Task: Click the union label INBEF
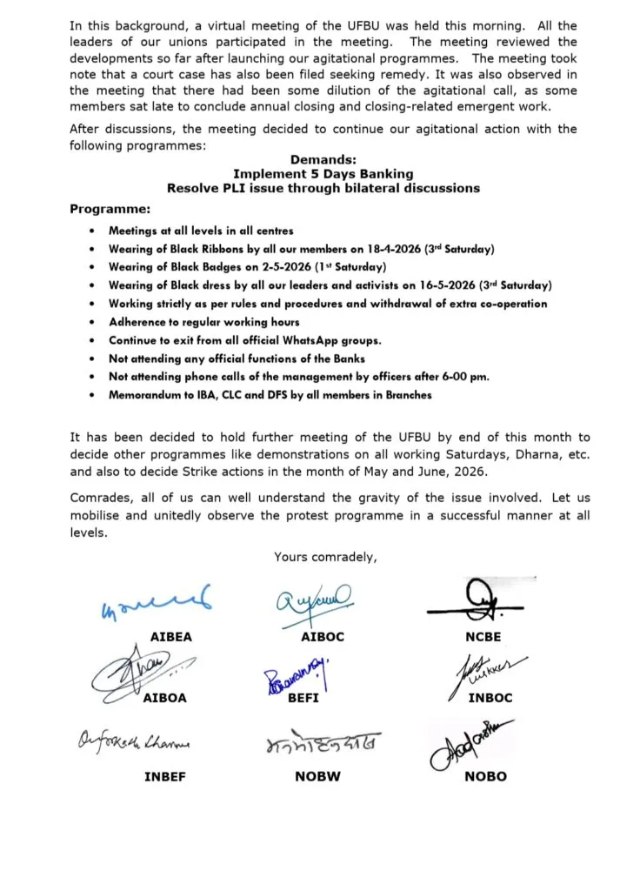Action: click(165, 776)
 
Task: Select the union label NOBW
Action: click(317, 776)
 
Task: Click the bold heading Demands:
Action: click(323, 160)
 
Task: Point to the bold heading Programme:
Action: click(110, 210)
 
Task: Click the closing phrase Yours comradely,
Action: click(325, 557)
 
